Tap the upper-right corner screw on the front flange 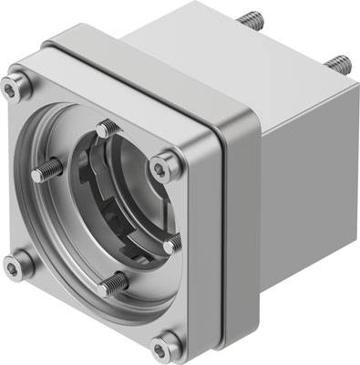pyautogui.click(x=162, y=168)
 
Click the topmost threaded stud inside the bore pyautogui.click(x=107, y=128)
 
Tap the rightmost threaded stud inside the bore pyautogui.click(x=171, y=243)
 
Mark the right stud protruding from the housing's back pyautogui.click(x=340, y=63)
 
